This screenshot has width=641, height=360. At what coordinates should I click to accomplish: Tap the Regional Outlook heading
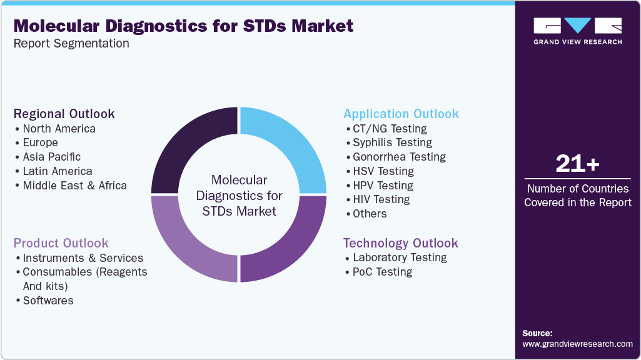[64, 114]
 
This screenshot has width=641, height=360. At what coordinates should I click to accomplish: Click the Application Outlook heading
[401, 114]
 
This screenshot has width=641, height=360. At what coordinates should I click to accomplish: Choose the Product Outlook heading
[61, 243]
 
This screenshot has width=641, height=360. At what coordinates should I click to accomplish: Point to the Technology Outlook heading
[400, 243]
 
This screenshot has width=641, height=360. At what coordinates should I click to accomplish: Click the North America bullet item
[59, 129]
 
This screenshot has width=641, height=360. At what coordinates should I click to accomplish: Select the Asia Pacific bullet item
[51, 157]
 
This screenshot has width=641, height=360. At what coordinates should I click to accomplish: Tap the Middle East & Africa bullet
[74, 186]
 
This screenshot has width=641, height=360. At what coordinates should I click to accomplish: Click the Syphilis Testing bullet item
[392, 142]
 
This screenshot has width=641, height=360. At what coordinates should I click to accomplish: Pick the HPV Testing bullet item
[383, 186]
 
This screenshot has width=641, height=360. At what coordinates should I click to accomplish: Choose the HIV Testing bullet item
[381, 199]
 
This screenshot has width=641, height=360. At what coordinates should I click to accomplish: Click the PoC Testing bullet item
[382, 272]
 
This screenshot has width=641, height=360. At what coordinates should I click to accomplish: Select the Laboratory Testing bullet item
[400, 257]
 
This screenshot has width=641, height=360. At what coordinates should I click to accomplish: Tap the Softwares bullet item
[48, 301]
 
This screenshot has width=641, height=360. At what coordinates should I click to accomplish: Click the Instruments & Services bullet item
[83, 258]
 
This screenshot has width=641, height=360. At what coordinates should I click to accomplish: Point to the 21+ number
[577, 164]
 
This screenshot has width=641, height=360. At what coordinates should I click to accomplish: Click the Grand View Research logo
[577, 31]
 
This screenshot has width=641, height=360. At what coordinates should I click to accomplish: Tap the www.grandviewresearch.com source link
[577, 344]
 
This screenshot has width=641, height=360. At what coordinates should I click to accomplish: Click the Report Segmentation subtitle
[71, 44]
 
